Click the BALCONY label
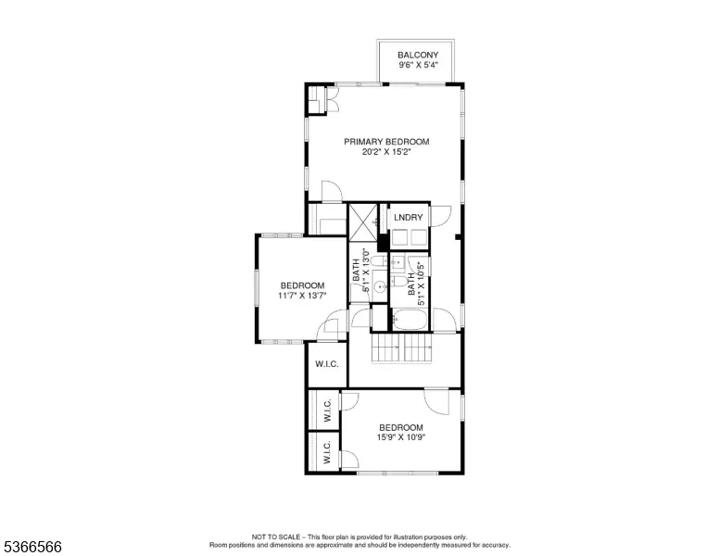(418, 55)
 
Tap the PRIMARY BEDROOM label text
(386, 142)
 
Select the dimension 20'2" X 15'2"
(386, 152)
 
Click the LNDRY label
(408, 218)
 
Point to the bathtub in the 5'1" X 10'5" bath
(410, 320)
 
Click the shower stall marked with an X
(362, 222)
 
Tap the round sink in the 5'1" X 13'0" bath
(380, 287)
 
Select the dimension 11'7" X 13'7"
(302, 296)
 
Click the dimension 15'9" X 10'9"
(401, 437)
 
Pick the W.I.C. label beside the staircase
(327, 364)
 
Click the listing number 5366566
(32, 547)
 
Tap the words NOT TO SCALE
(276, 537)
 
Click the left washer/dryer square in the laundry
(400, 237)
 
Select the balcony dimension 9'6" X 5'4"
(418, 65)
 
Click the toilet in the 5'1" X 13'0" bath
(379, 262)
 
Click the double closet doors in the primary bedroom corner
(332, 99)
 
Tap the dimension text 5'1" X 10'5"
(422, 283)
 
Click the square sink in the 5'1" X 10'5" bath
(397, 263)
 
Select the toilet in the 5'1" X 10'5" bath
(399, 281)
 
